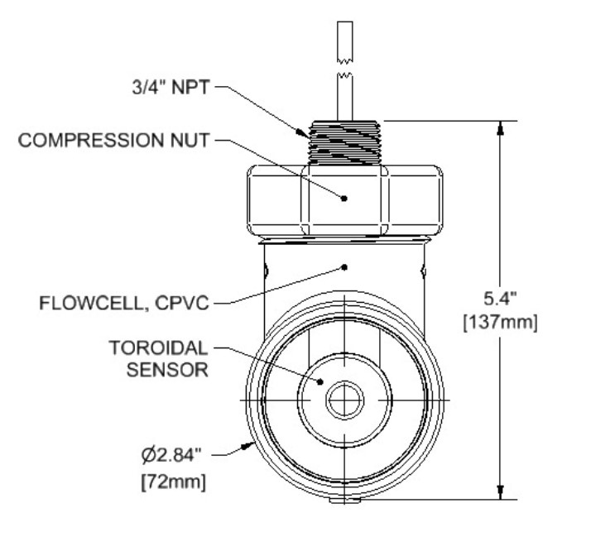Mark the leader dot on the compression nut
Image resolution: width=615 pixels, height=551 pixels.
pyautogui.click(x=345, y=198)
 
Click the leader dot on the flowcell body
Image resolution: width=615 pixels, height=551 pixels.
pyautogui.click(x=345, y=266)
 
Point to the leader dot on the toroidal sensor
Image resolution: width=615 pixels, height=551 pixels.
pyautogui.click(x=320, y=381)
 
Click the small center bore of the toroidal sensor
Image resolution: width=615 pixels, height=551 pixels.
pyautogui.click(x=345, y=401)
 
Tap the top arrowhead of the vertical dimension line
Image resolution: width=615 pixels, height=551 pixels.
pyautogui.click(x=500, y=127)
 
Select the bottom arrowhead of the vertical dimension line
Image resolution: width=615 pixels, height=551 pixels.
pyautogui.click(x=500, y=493)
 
